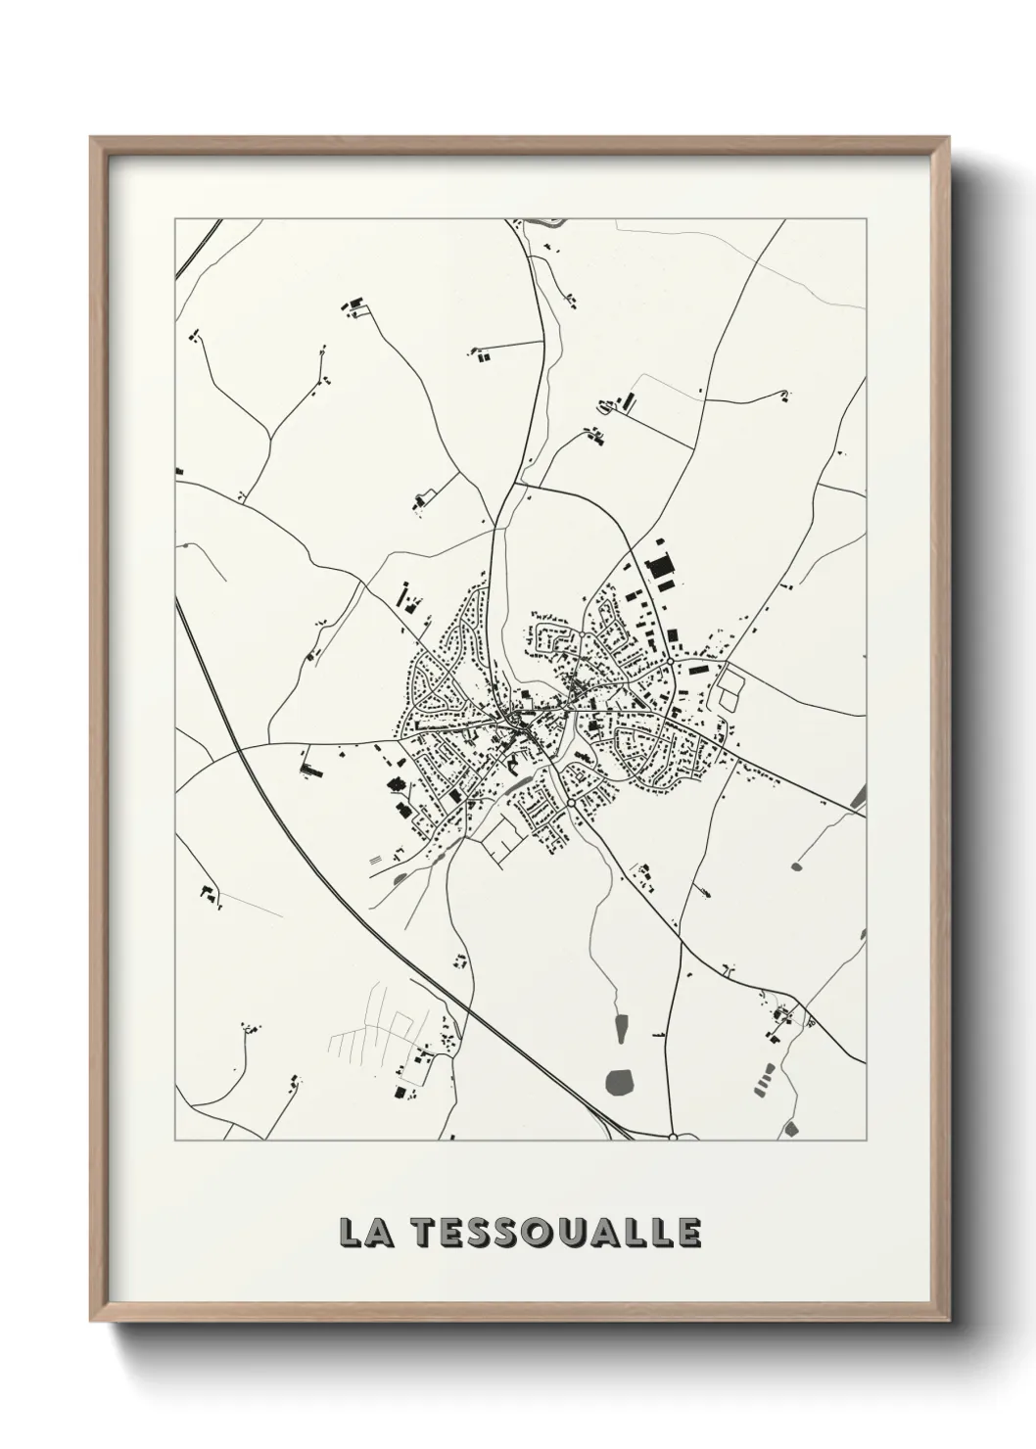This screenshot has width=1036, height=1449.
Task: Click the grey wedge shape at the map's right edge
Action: coord(860,797)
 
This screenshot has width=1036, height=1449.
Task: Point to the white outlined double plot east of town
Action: coord(730,686)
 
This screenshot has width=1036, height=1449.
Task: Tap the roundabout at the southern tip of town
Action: coord(570,803)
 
